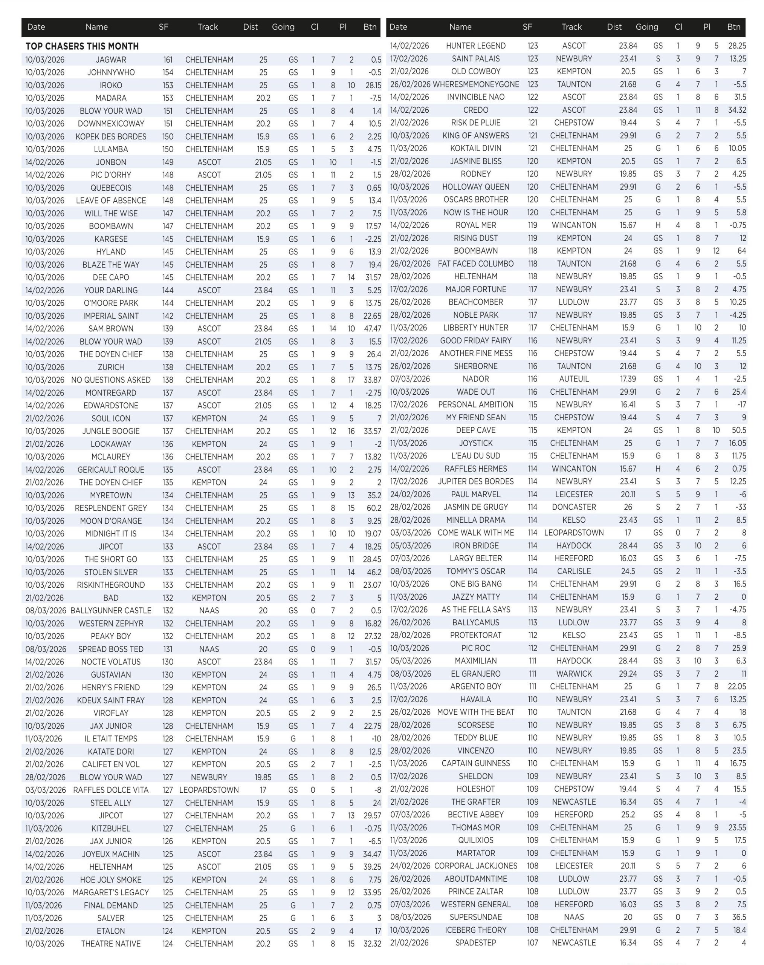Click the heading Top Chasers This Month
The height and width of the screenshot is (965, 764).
point(82,46)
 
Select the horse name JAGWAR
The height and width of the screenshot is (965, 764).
point(111,60)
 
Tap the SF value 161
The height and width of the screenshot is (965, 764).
point(167,60)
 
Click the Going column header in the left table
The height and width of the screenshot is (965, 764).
point(283,27)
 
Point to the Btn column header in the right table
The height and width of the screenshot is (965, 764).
point(733,27)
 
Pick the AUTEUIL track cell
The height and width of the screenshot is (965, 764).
point(574,379)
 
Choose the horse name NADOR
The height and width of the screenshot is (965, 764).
point(475,379)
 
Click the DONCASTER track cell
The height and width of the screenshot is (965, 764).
point(574,507)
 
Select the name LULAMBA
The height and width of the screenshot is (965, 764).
point(111,150)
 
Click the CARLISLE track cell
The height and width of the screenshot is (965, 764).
point(574,571)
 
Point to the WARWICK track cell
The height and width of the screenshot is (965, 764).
point(574,674)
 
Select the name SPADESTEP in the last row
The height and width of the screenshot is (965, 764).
point(475,943)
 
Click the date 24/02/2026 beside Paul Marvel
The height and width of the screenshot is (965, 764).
point(410,495)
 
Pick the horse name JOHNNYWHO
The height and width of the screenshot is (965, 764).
point(111,72)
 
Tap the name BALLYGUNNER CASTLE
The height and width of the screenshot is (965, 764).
point(111,611)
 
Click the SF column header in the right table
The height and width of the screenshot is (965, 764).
point(527,27)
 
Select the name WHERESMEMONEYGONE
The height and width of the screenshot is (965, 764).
point(476,84)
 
